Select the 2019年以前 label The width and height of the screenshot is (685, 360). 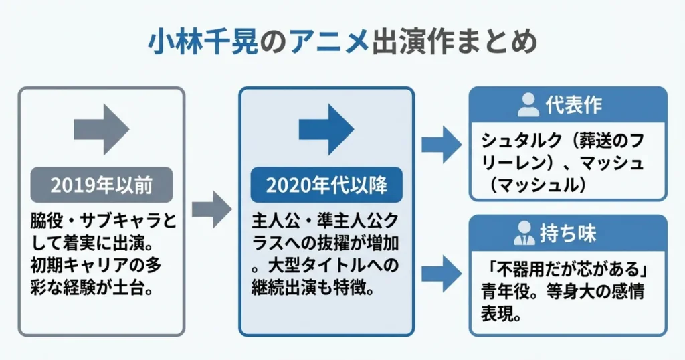[102, 185]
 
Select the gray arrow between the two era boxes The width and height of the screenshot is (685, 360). [211, 209]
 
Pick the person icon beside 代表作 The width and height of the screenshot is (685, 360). [528, 105]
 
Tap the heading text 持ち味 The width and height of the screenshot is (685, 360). [569, 234]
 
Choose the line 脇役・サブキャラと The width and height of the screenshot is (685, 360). [103, 221]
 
